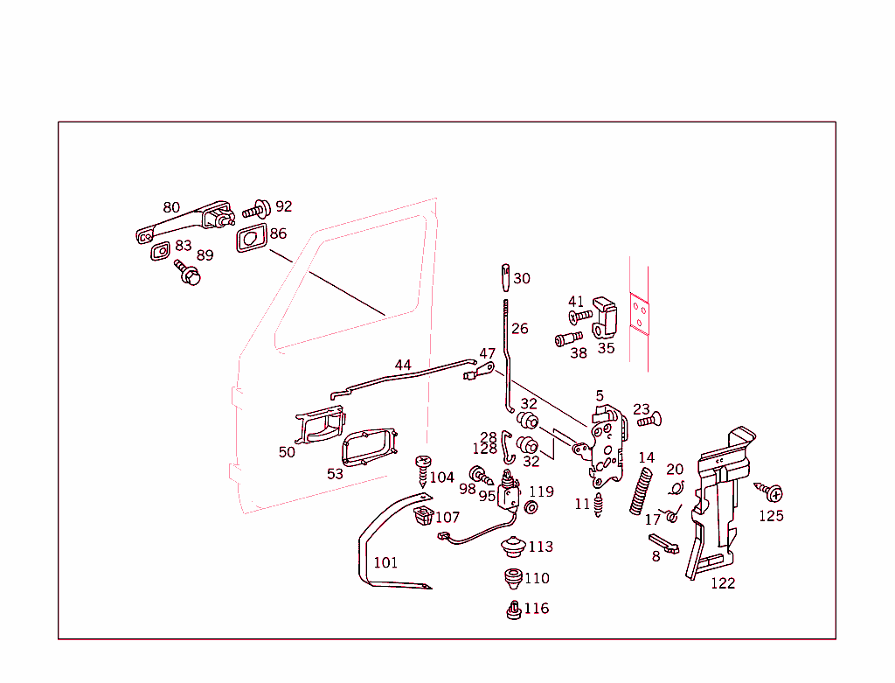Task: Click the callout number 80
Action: click(x=171, y=208)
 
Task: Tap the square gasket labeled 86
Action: click(x=250, y=237)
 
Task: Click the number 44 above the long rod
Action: click(x=402, y=365)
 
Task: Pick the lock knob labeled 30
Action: click(x=506, y=277)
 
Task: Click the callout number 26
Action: click(x=520, y=330)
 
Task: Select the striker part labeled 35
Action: click(x=606, y=320)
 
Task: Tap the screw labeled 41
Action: click(x=579, y=317)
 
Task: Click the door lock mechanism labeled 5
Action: click(x=607, y=447)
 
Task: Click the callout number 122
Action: click(x=723, y=583)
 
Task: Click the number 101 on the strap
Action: click(x=385, y=562)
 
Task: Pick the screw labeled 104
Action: click(x=424, y=469)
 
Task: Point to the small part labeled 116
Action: click(x=514, y=610)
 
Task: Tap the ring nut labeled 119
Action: click(x=531, y=507)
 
